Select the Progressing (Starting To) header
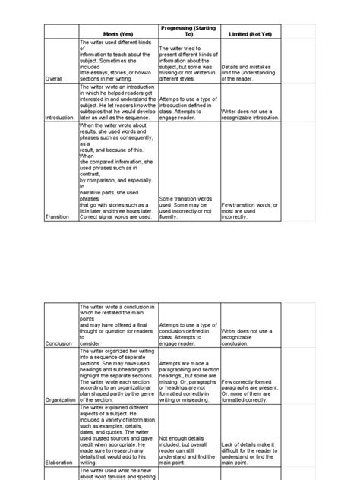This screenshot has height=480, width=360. click(x=188, y=30)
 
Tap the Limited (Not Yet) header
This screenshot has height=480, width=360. click(x=251, y=34)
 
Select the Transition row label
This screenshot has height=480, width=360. click(x=58, y=216)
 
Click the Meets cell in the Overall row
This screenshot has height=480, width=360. click(x=118, y=61)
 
